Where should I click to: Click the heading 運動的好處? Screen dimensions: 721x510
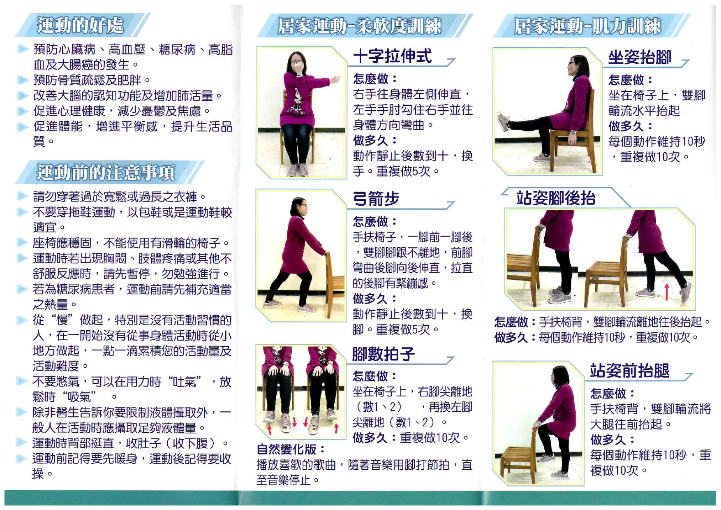(80, 25)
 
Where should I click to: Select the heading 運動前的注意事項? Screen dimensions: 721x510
(106, 172)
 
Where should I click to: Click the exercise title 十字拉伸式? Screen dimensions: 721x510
(393, 56)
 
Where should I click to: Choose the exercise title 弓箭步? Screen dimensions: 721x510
(376, 199)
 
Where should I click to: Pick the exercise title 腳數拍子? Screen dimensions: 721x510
(384, 354)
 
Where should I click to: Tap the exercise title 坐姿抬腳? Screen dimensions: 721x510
(640, 58)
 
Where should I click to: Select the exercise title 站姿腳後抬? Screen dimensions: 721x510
(556, 198)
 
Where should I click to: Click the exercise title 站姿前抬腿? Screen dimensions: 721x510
(630, 371)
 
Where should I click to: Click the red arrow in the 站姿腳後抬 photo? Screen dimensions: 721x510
(667, 290)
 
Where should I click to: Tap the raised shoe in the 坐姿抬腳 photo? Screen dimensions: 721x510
(504, 122)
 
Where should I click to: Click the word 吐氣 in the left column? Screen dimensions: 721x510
(187, 382)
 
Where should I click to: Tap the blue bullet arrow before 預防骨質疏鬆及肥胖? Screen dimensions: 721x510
(23, 80)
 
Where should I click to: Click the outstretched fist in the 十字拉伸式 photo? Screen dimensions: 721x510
(336, 79)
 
